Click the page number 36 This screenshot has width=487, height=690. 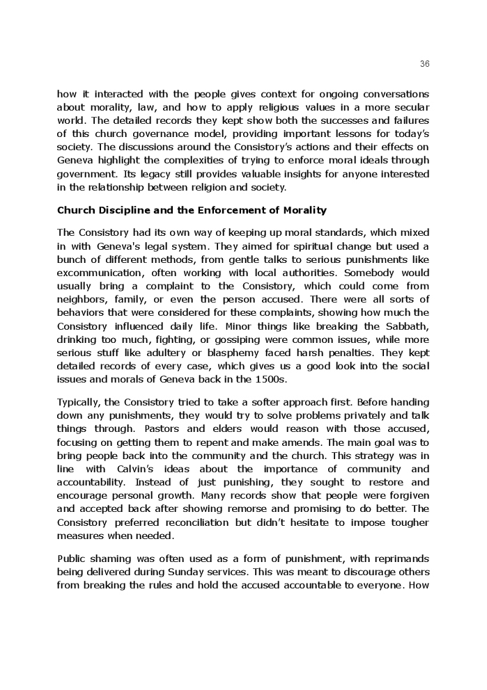coord(425,63)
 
